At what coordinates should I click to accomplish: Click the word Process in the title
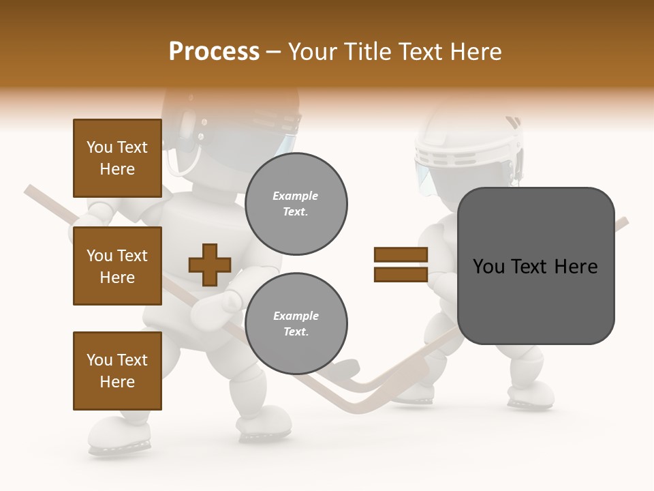click(214, 52)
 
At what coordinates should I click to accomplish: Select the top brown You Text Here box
click(117, 158)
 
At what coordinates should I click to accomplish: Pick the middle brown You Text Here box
click(117, 266)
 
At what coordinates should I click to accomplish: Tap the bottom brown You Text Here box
click(117, 371)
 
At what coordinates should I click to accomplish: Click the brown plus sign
click(210, 265)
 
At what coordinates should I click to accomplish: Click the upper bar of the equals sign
click(401, 254)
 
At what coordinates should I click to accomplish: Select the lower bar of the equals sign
click(401, 274)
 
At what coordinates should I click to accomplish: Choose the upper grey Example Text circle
click(296, 204)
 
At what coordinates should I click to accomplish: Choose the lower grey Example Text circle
click(296, 324)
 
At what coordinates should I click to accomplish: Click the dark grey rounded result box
click(535, 266)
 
